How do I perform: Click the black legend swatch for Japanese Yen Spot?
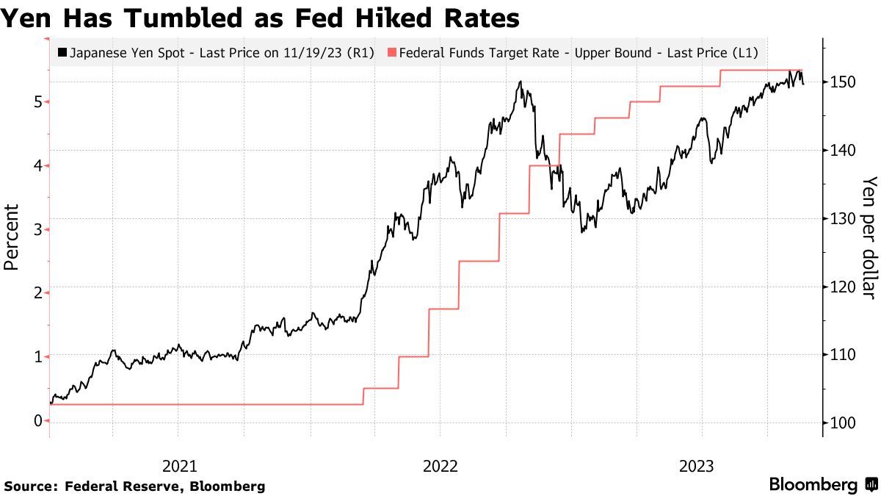62,53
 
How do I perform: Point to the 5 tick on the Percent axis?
37,101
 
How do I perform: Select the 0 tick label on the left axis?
37,420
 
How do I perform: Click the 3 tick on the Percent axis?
37,229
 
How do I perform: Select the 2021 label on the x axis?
179,465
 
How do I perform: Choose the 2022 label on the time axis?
440,465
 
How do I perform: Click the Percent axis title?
12,237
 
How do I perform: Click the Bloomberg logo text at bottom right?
813,485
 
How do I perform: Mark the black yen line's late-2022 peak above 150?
520,82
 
